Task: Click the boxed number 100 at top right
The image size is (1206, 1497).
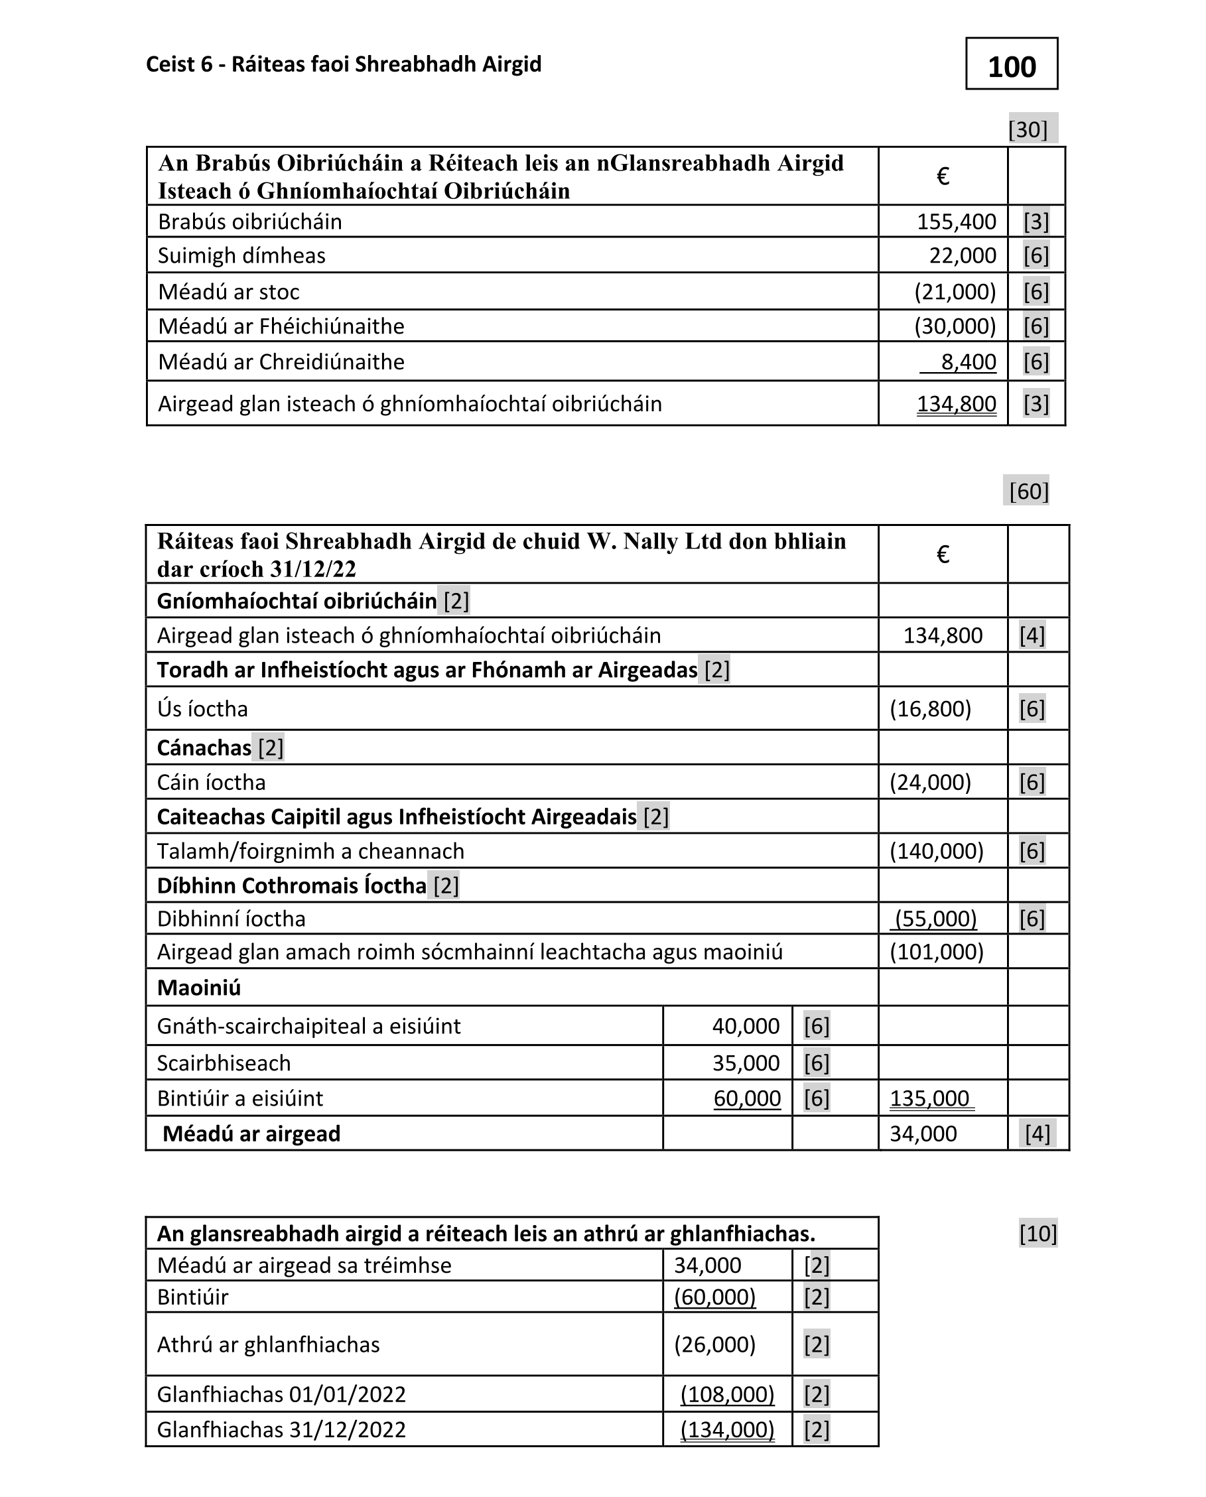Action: point(1011,67)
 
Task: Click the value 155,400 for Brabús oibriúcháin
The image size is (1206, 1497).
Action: point(956,222)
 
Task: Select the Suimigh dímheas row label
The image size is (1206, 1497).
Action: point(241,255)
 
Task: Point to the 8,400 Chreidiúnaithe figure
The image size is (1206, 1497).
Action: point(968,362)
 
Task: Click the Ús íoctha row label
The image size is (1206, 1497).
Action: point(202,708)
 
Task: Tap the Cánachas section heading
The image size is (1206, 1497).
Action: point(204,748)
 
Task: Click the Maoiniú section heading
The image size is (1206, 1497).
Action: point(199,987)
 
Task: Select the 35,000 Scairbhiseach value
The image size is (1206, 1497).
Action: point(746,1063)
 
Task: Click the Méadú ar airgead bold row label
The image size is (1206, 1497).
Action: point(251,1134)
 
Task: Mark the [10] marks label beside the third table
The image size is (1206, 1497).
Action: point(1038,1234)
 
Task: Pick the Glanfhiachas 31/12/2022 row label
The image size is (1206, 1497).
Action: point(281,1429)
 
